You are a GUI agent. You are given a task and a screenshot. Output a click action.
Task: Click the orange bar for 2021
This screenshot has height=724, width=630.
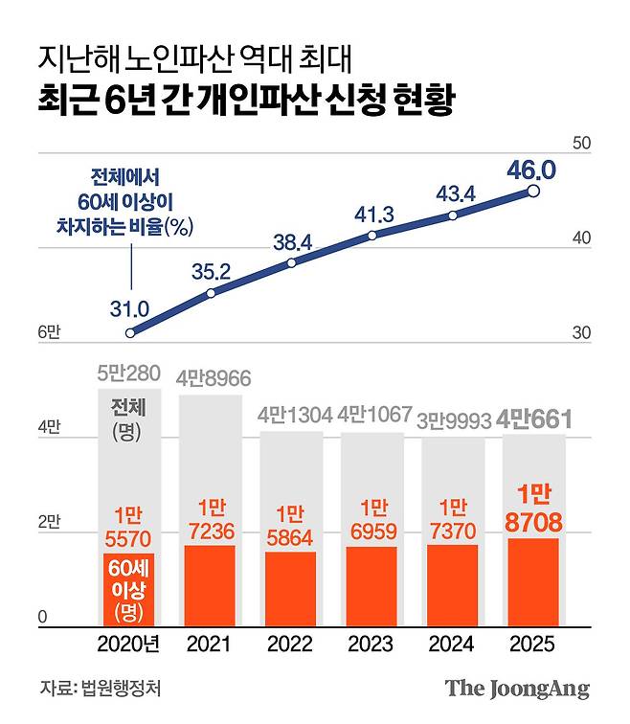[208, 585]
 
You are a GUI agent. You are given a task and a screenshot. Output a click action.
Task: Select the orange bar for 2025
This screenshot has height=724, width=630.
[533, 582]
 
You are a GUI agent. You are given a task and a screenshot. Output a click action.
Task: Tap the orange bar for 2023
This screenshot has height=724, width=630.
[371, 586]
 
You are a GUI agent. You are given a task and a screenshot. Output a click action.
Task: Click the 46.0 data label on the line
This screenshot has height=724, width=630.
[530, 171]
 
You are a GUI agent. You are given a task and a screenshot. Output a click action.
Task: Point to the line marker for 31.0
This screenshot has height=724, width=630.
[131, 332]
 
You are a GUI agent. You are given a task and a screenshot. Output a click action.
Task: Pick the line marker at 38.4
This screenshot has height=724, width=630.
[291, 261]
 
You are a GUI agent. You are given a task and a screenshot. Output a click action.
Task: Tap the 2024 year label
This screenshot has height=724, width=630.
[451, 645]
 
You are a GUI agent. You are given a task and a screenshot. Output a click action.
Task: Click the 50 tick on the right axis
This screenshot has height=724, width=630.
[581, 144]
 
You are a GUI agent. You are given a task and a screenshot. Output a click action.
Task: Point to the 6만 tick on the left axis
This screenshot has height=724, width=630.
[49, 332]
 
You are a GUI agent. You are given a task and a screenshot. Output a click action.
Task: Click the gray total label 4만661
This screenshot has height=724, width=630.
[533, 419]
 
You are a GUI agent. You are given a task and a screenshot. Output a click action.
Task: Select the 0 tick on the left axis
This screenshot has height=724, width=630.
[43, 620]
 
